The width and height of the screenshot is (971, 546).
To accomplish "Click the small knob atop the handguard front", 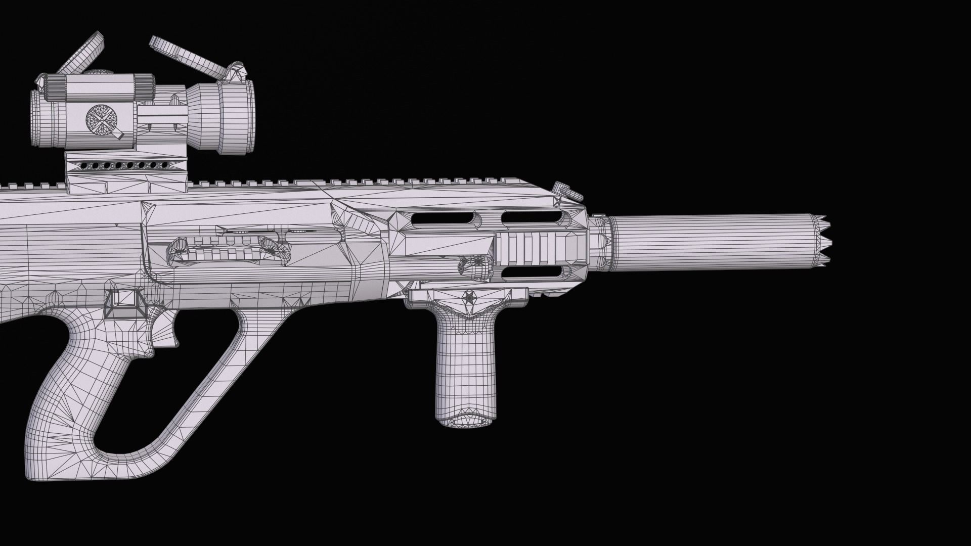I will click(566, 191).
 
